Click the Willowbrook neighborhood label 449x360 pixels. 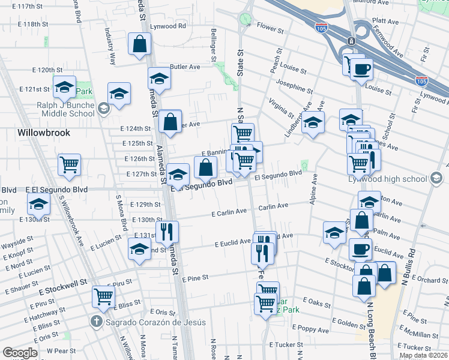click(x=44, y=133)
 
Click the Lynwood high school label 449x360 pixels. click(x=387, y=179)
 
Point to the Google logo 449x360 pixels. click(x=20, y=353)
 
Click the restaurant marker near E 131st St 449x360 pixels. click(x=167, y=231)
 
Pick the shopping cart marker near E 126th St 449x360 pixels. click(x=70, y=164)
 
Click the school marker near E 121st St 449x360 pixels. click(x=64, y=88)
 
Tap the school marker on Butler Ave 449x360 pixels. click(x=159, y=78)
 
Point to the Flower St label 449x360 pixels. click(x=270, y=28)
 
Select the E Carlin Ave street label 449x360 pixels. click(x=229, y=212)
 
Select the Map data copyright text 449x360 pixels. click(x=423, y=355)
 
